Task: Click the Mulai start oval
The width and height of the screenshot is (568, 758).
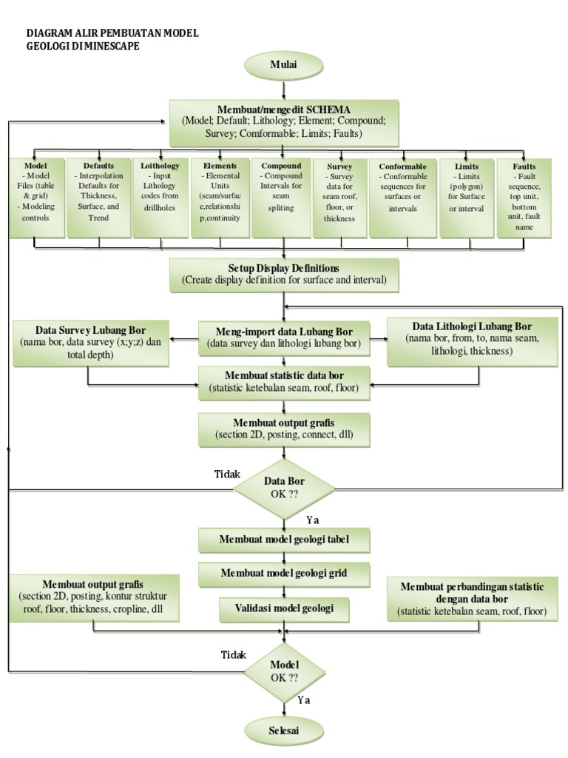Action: pyautogui.click(x=283, y=65)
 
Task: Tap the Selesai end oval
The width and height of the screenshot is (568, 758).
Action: pyautogui.click(x=284, y=730)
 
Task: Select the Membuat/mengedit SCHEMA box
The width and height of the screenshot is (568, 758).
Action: pyautogui.click(x=284, y=123)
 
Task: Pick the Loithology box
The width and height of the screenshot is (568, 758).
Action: pyautogui.click(x=160, y=197)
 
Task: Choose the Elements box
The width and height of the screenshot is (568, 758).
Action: pyautogui.click(x=220, y=197)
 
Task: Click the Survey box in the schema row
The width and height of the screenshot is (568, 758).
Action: pyautogui.click(x=339, y=197)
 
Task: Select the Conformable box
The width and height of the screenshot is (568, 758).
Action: pyautogui.click(x=403, y=197)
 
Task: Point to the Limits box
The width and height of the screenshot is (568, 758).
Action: pyautogui.click(x=467, y=197)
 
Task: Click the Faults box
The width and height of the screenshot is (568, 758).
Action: pyautogui.click(x=524, y=197)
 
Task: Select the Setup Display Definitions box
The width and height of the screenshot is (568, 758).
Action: pyautogui.click(x=284, y=275)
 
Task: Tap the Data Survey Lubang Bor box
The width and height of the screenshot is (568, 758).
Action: pyautogui.click(x=91, y=341)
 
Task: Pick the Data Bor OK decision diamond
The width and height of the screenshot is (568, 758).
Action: pyautogui.click(x=284, y=488)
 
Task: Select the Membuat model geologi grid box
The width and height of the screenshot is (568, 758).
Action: pyautogui.click(x=284, y=573)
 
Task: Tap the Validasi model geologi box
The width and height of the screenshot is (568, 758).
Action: pyautogui.click(x=284, y=608)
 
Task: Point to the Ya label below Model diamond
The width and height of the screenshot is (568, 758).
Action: pyautogui.click(x=303, y=699)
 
